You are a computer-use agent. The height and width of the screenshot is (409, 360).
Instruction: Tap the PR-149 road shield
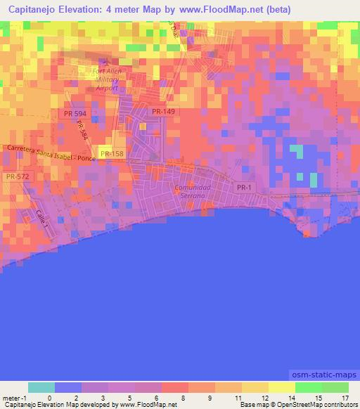point(163,111)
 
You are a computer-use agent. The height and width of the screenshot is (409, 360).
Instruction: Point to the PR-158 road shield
point(111,153)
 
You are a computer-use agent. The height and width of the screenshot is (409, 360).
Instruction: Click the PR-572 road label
point(16,177)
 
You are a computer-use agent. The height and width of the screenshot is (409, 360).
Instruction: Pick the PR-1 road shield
point(244,187)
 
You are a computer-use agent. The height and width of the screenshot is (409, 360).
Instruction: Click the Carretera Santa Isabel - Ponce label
point(51,152)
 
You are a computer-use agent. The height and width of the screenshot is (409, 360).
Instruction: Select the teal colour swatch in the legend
point(41,387)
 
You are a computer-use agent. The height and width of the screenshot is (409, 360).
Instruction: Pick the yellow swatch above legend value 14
point(281,387)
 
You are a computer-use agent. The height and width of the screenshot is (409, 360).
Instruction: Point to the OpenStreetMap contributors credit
point(315,405)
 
